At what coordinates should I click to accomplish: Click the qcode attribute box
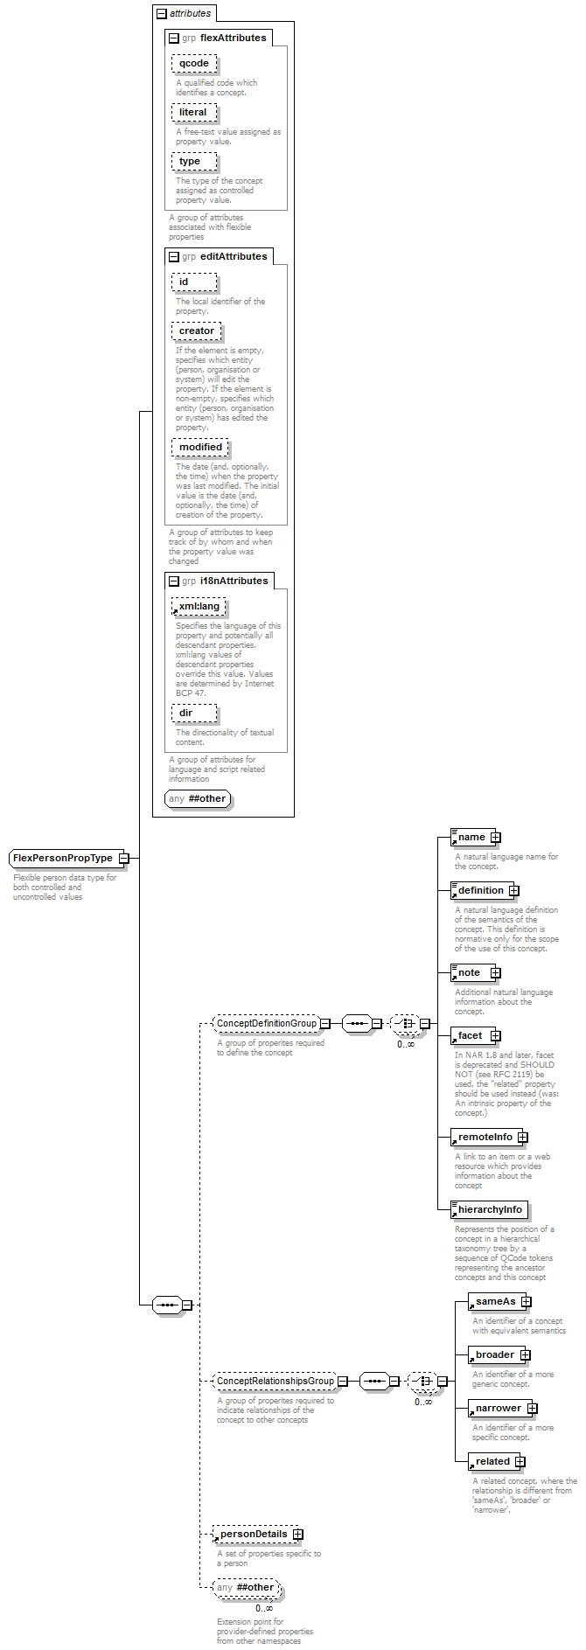pyautogui.click(x=194, y=64)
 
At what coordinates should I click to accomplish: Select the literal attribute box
pyautogui.click(x=194, y=113)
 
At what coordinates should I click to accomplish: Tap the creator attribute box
pyautogui.click(x=197, y=331)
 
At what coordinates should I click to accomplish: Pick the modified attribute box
pyautogui.click(x=200, y=448)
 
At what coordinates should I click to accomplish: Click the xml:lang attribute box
pyautogui.click(x=199, y=607)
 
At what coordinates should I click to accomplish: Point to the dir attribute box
pyautogui.click(x=194, y=714)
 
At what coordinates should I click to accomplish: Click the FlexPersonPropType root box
pyautogui.click(x=69, y=859)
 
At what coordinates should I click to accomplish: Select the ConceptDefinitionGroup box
pyautogui.click(x=267, y=1023)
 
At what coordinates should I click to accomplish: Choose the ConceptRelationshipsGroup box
pyautogui.click(x=276, y=1382)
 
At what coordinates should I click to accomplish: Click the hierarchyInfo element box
pyautogui.click(x=489, y=1210)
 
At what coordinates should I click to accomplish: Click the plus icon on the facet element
pyautogui.click(x=496, y=1036)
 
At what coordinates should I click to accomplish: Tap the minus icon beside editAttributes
pyautogui.click(x=174, y=257)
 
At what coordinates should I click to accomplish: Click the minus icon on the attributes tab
pyautogui.click(x=161, y=13)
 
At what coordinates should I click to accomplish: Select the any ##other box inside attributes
pyautogui.click(x=198, y=799)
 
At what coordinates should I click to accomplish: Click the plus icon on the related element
pyautogui.click(x=520, y=1462)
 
